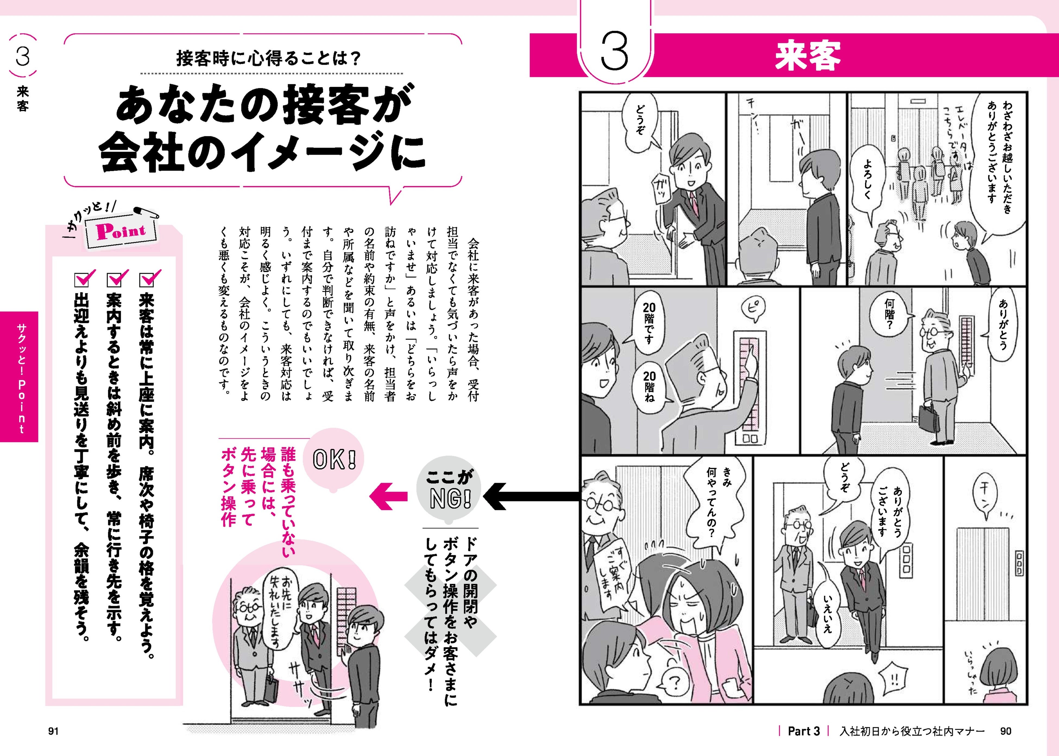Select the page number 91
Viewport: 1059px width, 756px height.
(53, 731)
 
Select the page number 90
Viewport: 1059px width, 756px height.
(1006, 731)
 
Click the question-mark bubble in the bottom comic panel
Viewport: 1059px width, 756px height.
(674, 682)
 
